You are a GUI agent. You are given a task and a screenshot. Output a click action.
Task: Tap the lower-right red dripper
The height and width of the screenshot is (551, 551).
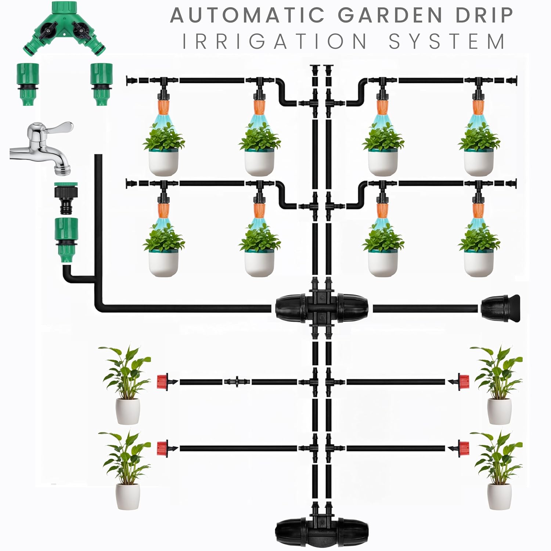coord(463,448)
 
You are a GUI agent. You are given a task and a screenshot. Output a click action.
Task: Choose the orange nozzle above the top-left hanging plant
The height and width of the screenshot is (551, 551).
coord(163,107)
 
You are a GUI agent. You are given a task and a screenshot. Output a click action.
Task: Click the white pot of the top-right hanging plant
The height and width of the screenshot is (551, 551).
coord(479,162)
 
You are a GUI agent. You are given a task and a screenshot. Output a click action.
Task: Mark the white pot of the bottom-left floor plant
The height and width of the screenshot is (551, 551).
coord(127,496)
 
